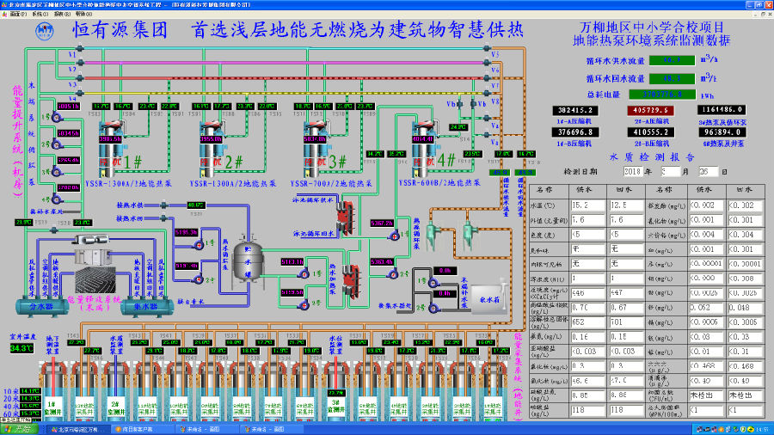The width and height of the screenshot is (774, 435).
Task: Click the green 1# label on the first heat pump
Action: pos(133,161)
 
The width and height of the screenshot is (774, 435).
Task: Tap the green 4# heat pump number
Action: pos(446,160)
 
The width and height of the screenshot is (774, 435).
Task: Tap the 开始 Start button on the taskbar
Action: pos(18,428)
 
